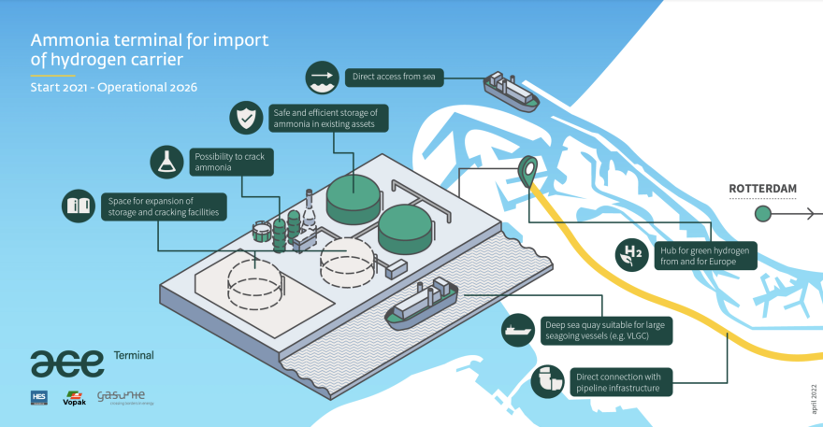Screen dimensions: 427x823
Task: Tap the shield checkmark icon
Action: click(x=245, y=119)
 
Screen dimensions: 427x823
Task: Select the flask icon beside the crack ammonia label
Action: click(x=167, y=162)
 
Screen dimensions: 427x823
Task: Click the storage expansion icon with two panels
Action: click(x=79, y=206)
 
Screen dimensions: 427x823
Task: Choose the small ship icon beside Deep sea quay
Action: click(x=516, y=330)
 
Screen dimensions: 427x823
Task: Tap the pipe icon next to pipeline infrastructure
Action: click(x=547, y=381)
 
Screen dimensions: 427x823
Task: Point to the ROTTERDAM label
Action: click(x=763, y=189)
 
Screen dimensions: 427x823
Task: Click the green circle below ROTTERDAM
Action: click(x=763, y=214)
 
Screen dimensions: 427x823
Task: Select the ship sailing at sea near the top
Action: click(x=510, y=91)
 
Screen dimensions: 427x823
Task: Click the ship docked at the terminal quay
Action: click(x=423, y=304)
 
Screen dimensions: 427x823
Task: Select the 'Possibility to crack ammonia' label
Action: click(x=229, y=162)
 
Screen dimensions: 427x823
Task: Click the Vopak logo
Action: click(x=74, y=397)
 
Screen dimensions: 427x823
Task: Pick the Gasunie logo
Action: click(x=124, y=397)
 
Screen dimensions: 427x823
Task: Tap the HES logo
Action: click(x=39, y=397)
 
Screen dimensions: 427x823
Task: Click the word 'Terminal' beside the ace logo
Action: click(x=134, y=356)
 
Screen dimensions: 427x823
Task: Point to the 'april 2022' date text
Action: click(x=811, y=398)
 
